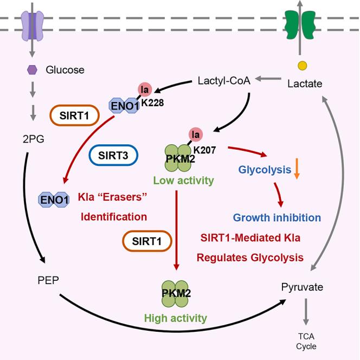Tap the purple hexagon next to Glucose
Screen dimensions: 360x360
[31, 70]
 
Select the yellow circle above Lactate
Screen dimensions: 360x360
[303, 66]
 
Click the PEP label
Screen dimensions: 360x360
[43, 281]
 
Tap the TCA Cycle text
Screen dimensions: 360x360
[306, 341]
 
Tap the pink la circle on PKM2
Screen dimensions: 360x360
[196, 133]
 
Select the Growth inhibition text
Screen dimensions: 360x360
[277, 217]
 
